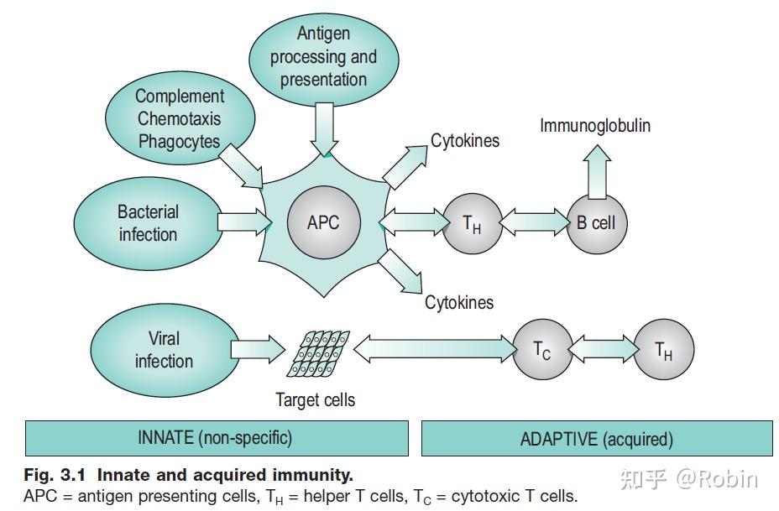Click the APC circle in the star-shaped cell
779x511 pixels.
pos(323,223)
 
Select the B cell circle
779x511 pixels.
pos(596,223)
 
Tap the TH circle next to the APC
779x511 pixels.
pos(472,223)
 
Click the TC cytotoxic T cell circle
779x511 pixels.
pos(542,349)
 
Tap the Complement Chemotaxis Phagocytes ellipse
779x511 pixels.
pos(180,118)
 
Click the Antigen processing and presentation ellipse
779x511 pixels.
pos(323,56)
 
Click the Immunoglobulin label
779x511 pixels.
pos(594,126)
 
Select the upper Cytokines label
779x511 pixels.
pos(465,140)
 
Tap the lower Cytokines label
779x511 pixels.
pos(459,302)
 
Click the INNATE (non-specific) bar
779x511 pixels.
pos(216,438)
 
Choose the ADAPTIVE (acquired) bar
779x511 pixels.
pos(596,438)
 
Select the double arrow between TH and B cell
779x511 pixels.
pos(533,223)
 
